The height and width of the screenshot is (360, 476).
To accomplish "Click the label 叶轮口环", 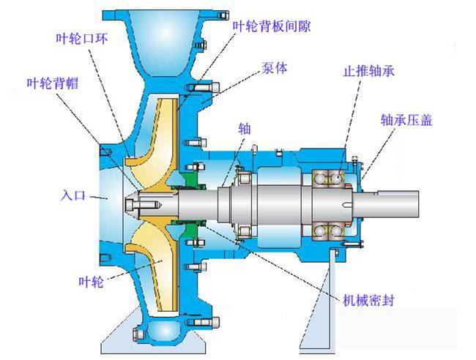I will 80,37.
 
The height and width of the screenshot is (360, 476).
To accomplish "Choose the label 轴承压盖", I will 406,119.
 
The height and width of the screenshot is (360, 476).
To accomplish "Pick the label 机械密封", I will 371,300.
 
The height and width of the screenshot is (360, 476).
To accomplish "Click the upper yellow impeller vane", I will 150,146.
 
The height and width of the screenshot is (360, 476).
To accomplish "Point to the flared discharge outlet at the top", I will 161,37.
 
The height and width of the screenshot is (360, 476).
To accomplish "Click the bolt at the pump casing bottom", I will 139,336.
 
